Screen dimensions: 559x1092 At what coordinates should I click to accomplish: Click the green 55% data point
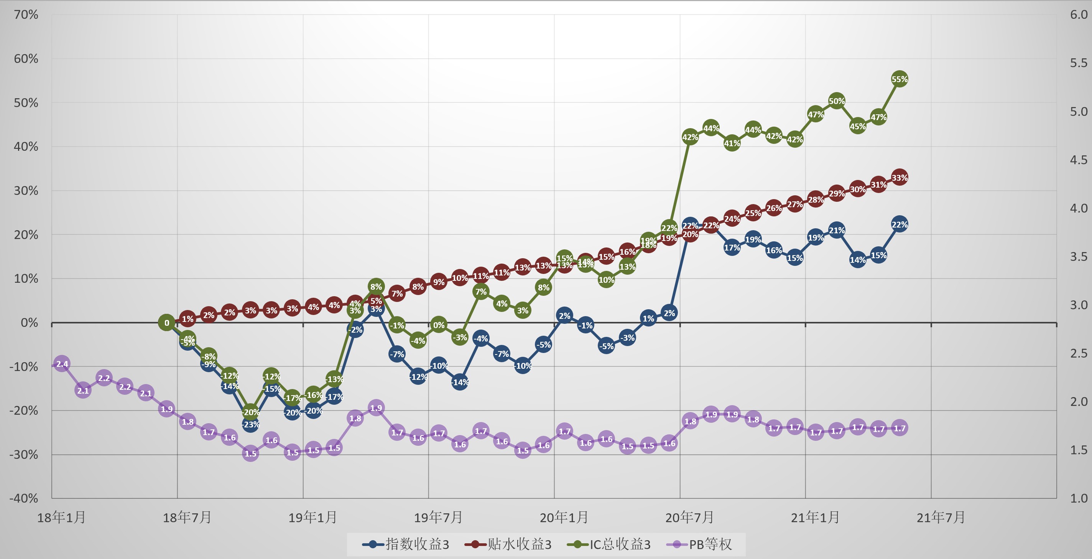click(899, 79)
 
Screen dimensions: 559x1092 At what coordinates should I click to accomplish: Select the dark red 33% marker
click(899, 177)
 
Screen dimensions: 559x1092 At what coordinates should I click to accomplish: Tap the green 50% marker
click(836, 101)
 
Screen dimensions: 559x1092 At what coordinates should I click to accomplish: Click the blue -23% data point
click(250, 424)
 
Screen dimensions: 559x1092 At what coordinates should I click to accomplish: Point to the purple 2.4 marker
click(62, 363)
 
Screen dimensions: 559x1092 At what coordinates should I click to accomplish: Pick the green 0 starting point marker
click(166, 323)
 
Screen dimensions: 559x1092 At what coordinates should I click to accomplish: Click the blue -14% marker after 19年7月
click(460, 382)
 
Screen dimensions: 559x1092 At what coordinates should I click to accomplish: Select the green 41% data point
click(732, 143)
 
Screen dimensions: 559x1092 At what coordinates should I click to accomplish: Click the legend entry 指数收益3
click(406, 544)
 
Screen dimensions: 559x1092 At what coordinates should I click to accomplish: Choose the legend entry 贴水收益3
click(508, 544)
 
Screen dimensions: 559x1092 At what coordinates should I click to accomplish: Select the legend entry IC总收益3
click(609, 544)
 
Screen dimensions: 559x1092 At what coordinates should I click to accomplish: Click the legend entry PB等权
click(699, 544)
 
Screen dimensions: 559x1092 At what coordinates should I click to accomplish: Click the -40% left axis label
click(24, 498)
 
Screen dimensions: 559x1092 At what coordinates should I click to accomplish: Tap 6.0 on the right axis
click(1079, 15)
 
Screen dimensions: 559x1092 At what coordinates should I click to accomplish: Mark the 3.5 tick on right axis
click(1079, 257)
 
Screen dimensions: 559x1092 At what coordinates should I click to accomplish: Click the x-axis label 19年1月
click(312, 518)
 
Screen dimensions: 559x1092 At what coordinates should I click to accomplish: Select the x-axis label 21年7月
click(941, 518)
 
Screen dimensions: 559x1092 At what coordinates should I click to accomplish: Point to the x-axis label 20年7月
click(689, 518)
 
